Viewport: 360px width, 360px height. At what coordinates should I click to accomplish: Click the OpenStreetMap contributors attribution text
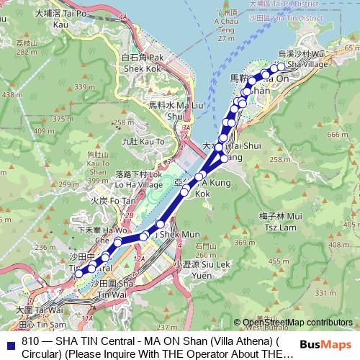[297, 323]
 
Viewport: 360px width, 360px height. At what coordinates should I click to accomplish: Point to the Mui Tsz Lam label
[274, 220]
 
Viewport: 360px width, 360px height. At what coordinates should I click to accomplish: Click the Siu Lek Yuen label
[192, 270]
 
